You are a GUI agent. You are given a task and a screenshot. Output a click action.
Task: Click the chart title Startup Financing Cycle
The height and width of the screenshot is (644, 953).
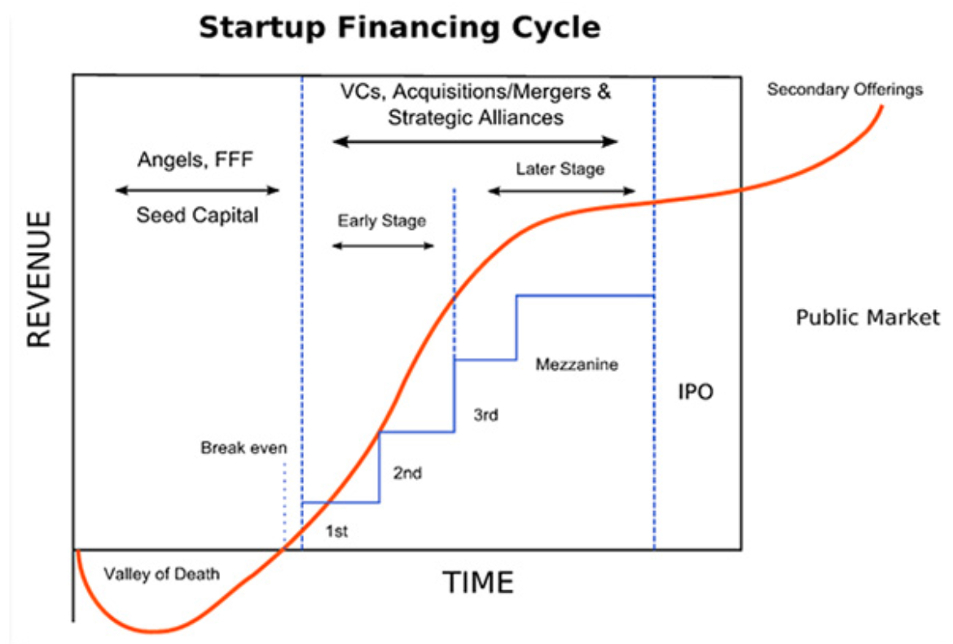[399, 28]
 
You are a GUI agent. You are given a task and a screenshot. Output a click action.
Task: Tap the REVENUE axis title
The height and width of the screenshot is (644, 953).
[39, 279]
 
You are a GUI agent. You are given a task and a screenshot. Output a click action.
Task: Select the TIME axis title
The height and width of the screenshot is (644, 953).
[478, 583]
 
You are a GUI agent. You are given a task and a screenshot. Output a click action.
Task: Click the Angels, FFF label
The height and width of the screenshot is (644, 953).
[195, 160]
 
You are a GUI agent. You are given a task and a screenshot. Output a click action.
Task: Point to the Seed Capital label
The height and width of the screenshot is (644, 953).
[197, 215]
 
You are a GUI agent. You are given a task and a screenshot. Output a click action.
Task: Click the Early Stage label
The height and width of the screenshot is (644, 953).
[382, 221]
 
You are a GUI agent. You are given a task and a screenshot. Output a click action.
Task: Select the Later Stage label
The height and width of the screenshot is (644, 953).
[560, 169]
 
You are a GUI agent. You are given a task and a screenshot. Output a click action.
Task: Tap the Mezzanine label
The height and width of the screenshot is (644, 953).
[577, 364]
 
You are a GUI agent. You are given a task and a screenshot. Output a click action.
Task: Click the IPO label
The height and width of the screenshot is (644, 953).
[696, 391]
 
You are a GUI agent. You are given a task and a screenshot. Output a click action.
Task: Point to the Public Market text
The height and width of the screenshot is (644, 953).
[868, 317]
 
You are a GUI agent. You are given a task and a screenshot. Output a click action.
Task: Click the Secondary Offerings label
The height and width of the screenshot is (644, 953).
[845, 90]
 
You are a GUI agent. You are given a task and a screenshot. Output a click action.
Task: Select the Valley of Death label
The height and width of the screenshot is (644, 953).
[161, 574]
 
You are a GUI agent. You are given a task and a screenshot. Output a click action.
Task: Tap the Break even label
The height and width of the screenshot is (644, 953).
[244, 448]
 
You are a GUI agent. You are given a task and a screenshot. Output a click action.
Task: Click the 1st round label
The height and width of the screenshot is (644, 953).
[336, 532]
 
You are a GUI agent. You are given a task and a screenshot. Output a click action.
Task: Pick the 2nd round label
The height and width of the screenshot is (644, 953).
[407, 473]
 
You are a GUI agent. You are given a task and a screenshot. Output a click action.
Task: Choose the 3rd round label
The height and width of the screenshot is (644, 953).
[485, 415]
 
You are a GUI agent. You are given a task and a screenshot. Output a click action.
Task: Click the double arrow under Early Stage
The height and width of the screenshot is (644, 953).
[383, 245]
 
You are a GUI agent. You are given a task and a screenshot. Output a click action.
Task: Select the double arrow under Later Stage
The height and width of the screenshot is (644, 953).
[561, 191]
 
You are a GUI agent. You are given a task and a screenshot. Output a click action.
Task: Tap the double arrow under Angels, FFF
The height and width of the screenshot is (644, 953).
[197, 190]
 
